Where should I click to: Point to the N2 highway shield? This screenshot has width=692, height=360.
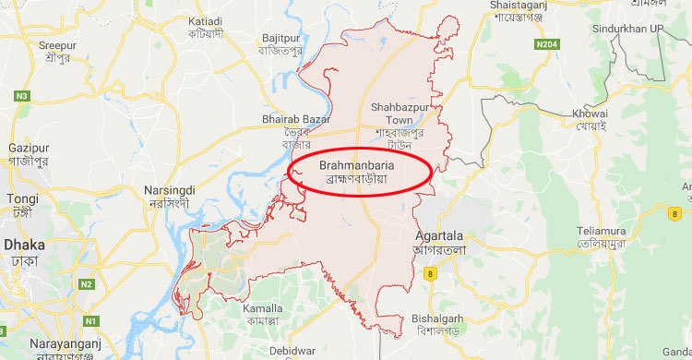point(87,283)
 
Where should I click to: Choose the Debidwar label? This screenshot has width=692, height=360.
point(292,352)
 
